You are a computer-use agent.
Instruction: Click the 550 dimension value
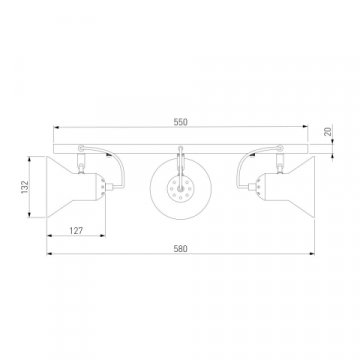[180, 122]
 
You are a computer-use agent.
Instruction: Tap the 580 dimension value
[180, 249]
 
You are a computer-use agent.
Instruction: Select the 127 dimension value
[76, 230]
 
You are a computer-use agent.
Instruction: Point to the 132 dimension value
[25, 187]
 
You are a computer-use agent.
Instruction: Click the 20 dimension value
[328, 132]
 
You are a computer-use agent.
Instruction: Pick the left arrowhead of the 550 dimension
[57, 127]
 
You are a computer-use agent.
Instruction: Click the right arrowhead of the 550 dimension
[305, 127]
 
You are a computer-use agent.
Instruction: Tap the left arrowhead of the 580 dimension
[50, 254]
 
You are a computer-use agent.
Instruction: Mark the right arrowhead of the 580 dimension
[312, 254]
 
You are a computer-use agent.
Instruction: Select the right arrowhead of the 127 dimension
[102, 236]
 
